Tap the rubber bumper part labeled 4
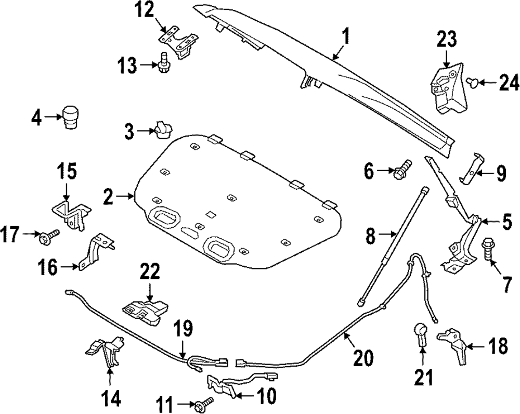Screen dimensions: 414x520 69,118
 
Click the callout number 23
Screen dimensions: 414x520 447,39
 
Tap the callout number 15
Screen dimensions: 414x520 67,172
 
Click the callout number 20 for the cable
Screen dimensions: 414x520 363,357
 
